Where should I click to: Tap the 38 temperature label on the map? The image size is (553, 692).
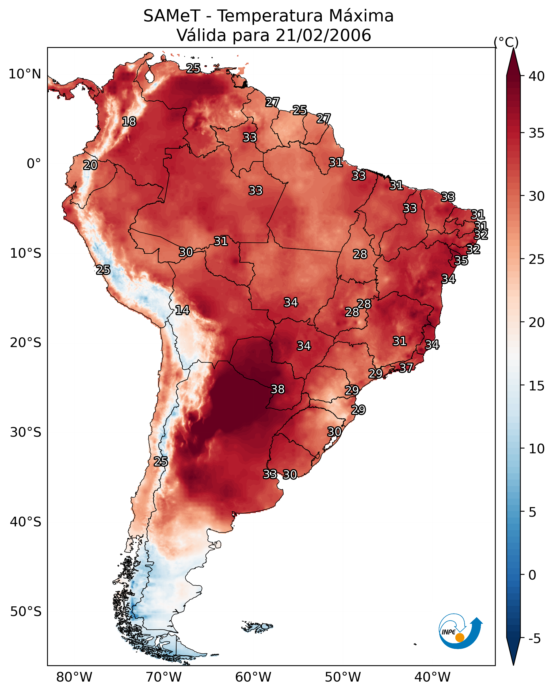pos(278,389)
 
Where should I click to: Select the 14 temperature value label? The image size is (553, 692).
pos(182,310)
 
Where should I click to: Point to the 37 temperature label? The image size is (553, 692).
pos(406,367)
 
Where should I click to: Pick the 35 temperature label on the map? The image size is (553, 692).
pos(461,260)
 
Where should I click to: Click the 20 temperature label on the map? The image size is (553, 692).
pos(90,165)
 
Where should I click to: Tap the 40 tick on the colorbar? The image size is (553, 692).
pos(537,76)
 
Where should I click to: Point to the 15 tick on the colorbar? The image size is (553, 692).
pos(537,386)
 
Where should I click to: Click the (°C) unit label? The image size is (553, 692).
pos(506,42)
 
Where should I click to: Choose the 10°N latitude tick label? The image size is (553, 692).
pos(25,74)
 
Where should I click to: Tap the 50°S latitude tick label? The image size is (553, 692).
pos(26,612)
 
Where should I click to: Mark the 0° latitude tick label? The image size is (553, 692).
pos(34,164)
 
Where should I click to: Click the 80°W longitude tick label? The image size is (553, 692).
pos(74,677)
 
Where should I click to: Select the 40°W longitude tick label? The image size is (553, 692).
pos(432,677)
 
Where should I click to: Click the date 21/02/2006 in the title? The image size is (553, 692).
pos(323,35)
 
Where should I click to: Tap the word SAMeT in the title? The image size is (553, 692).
pos(172,16)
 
